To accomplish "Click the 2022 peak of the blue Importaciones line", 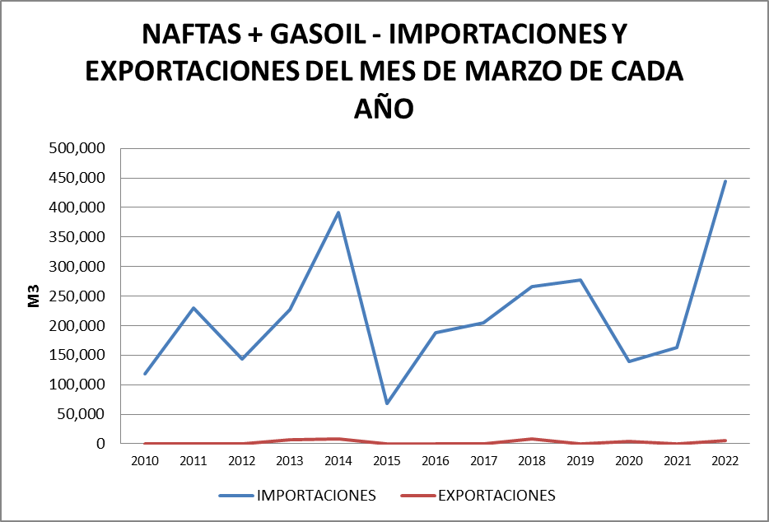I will click(725, 181).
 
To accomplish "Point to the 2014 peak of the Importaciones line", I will click(338, 212).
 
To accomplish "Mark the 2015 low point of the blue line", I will click(386, 403).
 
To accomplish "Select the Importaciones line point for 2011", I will click(193, 308).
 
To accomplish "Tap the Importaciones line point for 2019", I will click(580, 280).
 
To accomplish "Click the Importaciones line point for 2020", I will click(629, 361).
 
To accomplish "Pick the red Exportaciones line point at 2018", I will click(532, 439).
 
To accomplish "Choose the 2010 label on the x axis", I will click(145, 460).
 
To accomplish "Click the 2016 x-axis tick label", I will click(435, 460).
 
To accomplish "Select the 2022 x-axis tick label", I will click(725, 460).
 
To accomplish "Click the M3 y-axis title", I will click(35, 296).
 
